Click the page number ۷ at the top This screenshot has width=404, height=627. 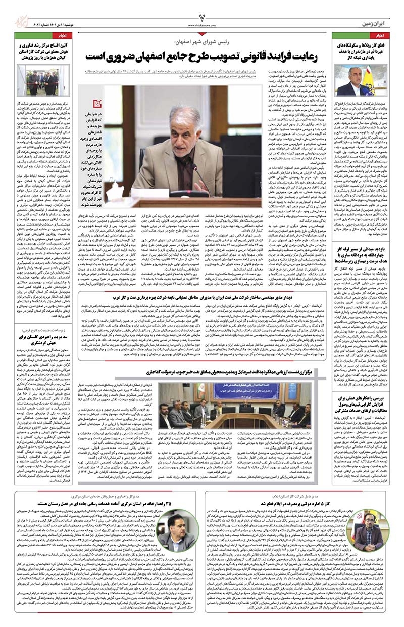(202, 12)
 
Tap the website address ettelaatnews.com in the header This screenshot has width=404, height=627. (202, 24)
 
